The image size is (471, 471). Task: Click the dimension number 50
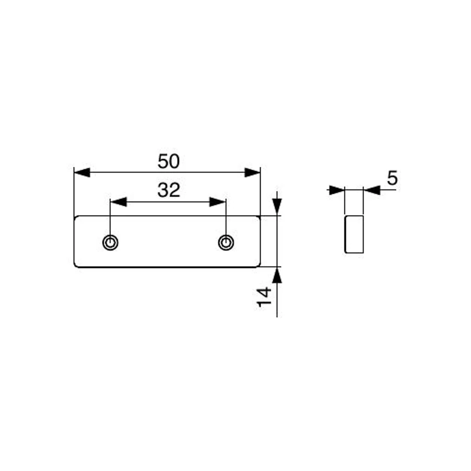click(169, 161)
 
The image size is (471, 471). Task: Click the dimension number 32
click(169, 190)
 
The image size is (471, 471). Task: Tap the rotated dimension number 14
click(265, 297)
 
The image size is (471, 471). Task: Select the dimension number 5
click(392, 178)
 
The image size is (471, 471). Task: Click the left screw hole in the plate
click(110, 242)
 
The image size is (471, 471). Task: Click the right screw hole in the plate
click(226, 242)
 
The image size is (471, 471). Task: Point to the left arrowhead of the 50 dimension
click(82, 172)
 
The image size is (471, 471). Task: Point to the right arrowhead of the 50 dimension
click(252, 172)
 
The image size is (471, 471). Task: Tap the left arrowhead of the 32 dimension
click(118, 202)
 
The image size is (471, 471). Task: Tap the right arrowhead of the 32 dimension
click(218, 202)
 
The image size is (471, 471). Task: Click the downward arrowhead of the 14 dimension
click(277, 207)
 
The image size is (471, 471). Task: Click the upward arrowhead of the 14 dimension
click(277, 275)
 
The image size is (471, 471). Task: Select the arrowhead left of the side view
click(337, 190)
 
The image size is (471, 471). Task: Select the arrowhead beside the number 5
click(372, 190)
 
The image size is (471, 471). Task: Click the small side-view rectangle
click(354, 234)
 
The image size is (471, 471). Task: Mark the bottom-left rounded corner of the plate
click(76, 265)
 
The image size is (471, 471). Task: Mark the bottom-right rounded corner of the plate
click(259, 265)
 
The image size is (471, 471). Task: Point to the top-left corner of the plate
click(75, 217)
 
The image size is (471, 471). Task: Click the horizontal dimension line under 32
click(168, 202)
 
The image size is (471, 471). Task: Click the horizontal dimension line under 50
click(167, 172)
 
